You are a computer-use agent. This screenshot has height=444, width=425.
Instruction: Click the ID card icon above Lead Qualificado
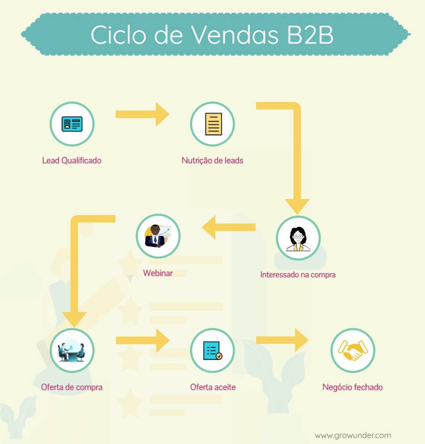tap(72, 124)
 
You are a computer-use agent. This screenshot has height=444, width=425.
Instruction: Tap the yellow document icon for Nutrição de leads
tap(213, 124)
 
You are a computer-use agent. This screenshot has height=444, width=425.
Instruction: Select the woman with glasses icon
tap(298, 239)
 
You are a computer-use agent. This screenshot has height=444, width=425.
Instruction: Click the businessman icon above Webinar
tap(158, 236)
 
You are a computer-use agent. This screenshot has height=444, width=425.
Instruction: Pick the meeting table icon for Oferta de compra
tap(72, 352)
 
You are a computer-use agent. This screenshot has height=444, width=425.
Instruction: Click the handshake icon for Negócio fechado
tap(353, 350)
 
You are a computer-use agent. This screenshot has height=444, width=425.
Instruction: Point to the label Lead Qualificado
tap(72, 161)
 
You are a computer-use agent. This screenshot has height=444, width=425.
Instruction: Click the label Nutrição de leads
tap(212, 161)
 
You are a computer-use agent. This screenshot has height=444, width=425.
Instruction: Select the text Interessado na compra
tap(298, 274)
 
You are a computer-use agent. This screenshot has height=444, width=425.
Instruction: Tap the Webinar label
tap(158, 273)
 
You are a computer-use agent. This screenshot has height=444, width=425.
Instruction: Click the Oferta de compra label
tap(72, 387)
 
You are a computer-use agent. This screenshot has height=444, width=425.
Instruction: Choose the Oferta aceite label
tap(213, 387)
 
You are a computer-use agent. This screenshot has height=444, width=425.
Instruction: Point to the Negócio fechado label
tap(353, 387)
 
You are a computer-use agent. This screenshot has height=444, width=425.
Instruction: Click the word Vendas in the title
tap(235, 35)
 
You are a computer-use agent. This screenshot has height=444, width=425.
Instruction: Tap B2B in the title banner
tap(310, 35)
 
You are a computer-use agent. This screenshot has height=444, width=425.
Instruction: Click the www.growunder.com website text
tap(353, 435)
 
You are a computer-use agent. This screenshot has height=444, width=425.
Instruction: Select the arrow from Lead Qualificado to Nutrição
tap(143, 114)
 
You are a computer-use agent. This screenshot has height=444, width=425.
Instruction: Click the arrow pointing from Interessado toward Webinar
tap(228, 227)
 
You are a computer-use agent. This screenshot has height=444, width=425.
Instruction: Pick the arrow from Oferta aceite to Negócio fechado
tap(282, 340)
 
